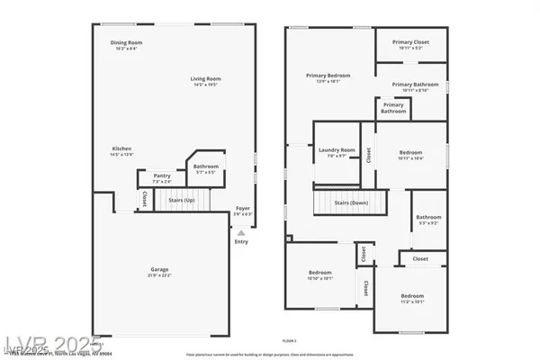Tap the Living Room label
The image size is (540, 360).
click(205, 79)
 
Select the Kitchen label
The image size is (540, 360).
click(122, 148)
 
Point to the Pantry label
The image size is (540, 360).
click(162, 175)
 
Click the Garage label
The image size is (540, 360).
click(159, 269)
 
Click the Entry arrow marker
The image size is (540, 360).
click(240, 232)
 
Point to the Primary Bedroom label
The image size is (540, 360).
click(328, 76)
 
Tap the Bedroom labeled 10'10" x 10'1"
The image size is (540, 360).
click(320, 273)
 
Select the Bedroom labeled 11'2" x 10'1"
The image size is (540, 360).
click(412, 296)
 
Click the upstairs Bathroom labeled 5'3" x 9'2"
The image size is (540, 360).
click(428, 217)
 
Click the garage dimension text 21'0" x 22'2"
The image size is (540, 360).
click(159, 274)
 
